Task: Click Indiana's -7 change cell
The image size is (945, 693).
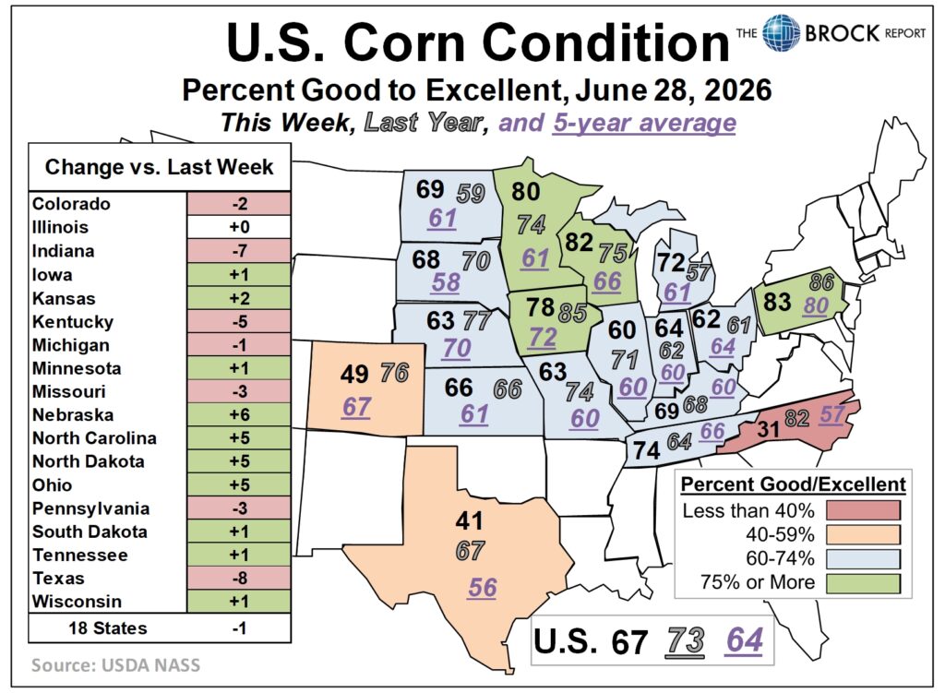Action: click(x=239, y=251)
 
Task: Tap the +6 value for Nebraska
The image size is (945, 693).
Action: click(x=239, y=414)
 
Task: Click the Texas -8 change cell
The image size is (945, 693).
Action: click(x=239, y=578)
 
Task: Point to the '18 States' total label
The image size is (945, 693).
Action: click(x=108, y=627)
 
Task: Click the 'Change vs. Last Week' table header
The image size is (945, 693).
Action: click(x=159, y=167)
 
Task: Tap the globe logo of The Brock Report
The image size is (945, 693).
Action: click(x=781, y=32)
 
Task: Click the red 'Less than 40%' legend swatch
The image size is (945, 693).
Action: click(x=863, y=510)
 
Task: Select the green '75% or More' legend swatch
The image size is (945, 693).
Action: click(x=863, y=582)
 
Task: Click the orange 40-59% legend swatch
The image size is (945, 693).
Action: click(x=863, y=534)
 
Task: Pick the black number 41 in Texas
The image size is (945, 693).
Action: click(x=470, y=520)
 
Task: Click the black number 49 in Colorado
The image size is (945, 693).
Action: click(x=353, y=375)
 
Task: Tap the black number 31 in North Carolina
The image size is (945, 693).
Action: click(x=769, y=429)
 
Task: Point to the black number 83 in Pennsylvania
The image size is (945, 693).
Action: click(x=777, y=302)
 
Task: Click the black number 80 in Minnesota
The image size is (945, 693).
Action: click(x=525, y=192)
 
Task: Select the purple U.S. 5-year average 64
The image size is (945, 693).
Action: click(x=745, y=640)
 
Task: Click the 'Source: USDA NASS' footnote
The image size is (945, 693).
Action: click(x=115, y=665)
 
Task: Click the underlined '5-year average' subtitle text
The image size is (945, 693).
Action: click(x=644, y=123)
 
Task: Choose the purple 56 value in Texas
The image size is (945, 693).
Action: click(x=482, y=588)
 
